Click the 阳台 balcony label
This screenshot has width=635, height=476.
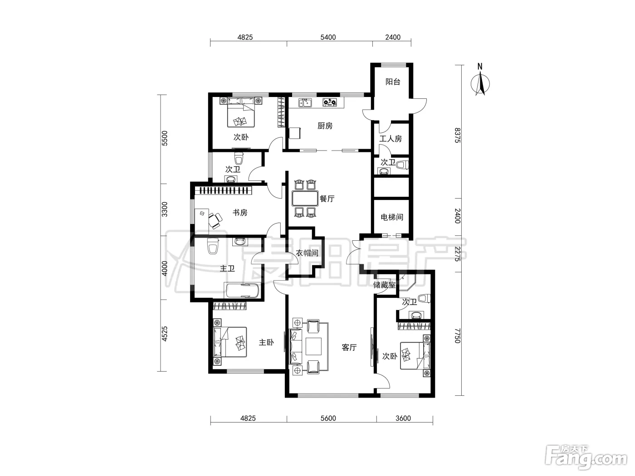coord(393,82)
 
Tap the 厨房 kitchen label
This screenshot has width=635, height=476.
coord(325,126)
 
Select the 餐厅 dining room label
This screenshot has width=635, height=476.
coord(327,199)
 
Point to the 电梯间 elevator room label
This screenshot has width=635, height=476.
coord(392,217)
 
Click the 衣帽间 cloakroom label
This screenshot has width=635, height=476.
coord(307,253)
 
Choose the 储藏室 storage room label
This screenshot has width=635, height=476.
coord(384,285)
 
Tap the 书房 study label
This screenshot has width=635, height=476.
coord(240,213)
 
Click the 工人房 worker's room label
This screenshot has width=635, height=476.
coord(391,139)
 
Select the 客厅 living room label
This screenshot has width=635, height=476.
coord(349,347)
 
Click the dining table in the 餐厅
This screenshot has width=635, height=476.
coord(305,198)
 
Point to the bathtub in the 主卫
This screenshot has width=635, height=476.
coord(242,291)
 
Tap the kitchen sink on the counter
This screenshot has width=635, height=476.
coord(305,102)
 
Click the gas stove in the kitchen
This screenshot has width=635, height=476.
coord(330,102)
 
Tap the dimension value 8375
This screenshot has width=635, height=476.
coord(457,135)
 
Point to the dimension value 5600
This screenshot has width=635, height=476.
coord(328,418)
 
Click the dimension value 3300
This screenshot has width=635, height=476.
coord(164,209)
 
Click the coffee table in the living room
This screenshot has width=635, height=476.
coord(313,346)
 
